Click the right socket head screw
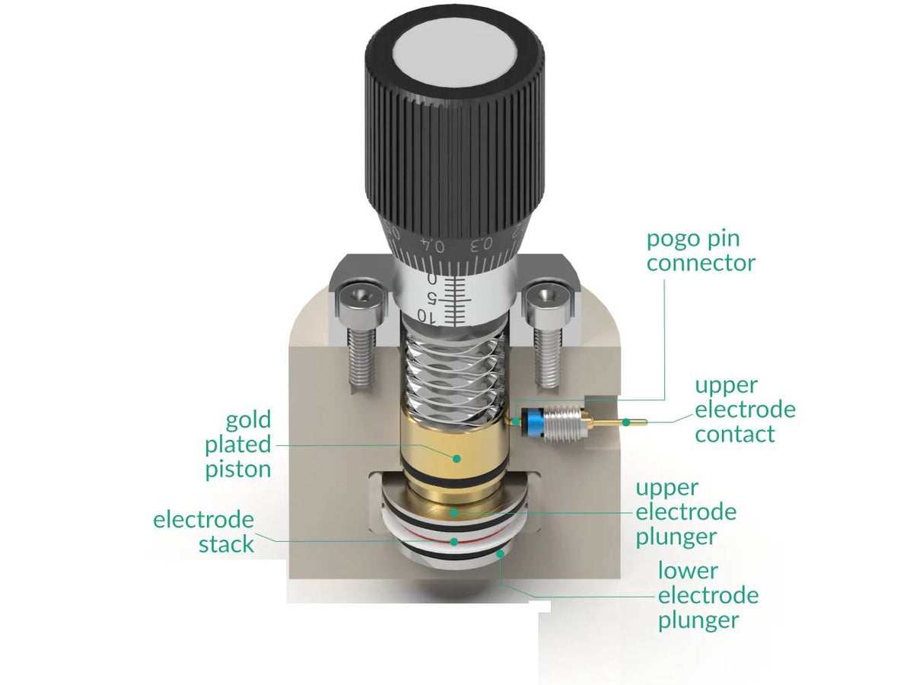(x=546, y=335)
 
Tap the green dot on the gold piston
(x=456, y=458)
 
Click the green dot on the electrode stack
(x=454, y=541)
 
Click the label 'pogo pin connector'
(x=701, y=250)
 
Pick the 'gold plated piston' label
(x=238, y=444)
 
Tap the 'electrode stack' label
(x=204, y=532)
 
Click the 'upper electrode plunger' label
(x=686, y=512)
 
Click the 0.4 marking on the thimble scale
(x=435, y=245)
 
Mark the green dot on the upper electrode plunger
(x=454, y=513)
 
